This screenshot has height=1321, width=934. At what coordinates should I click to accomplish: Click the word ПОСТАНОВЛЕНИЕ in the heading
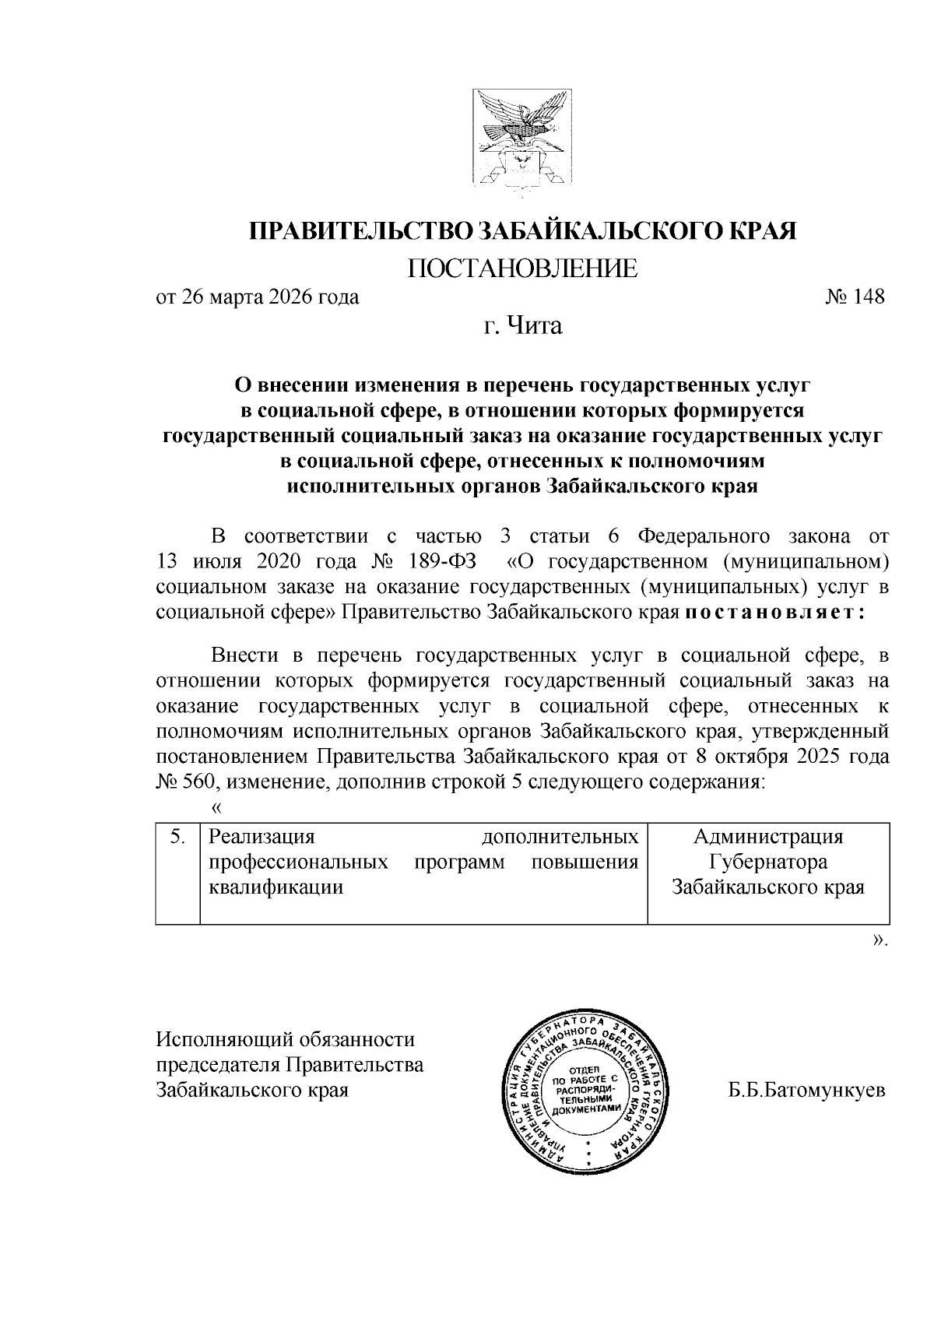point(522,269)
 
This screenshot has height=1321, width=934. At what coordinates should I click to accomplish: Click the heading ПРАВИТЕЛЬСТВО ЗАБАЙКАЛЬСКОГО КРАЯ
point(522,231)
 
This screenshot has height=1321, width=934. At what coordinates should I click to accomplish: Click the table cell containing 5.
point(178,837)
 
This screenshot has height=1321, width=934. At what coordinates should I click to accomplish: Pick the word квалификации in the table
point(276,887)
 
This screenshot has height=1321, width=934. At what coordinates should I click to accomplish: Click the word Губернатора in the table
point(768,862)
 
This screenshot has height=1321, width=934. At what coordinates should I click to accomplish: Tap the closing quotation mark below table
point(880,940)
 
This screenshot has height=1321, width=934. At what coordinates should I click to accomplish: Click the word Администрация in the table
point(768,837)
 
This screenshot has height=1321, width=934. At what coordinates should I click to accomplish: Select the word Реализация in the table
point(262,837)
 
